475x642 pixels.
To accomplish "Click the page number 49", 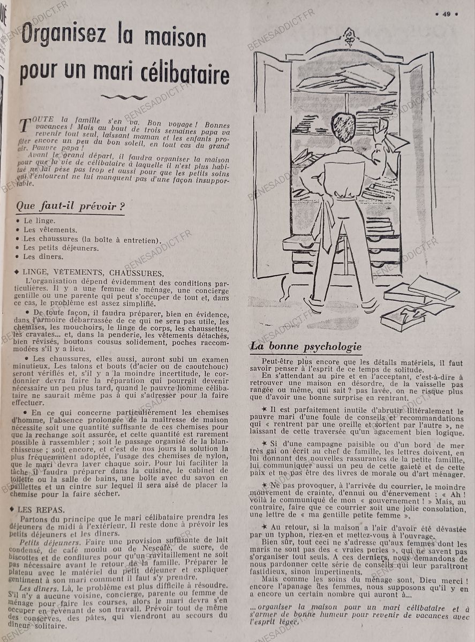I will click(x=446, y=14).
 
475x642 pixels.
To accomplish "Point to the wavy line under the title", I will click(x=123, y=97).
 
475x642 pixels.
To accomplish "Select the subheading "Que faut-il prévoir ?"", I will click(x=66, y=206).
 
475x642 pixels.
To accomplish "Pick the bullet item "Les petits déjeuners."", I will click(x=61, y=248).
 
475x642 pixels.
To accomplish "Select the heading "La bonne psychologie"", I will click(x=306, y=347).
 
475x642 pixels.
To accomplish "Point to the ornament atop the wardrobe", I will click(x=349, y=37).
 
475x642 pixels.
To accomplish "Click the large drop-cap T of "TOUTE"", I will click(x=24, y=126).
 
